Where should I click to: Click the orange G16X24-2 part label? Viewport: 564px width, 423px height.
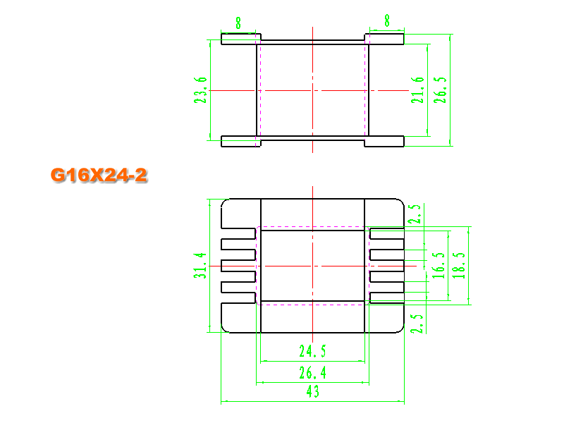pos(99,175)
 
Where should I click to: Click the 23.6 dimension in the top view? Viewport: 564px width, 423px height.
pos(200,90)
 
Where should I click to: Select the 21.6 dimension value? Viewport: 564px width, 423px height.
pos(417,90)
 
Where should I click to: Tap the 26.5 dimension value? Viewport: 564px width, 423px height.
pos(440,90)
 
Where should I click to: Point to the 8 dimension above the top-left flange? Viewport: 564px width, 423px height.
pos(238,23)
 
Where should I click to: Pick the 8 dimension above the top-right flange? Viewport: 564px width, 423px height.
pos(387,20)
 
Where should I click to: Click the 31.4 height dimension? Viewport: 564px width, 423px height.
pos(200,266)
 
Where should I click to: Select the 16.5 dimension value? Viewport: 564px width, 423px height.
pos(439,266)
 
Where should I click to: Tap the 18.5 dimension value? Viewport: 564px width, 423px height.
pos(459,266)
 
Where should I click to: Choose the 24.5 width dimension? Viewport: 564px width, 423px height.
pos(312,351)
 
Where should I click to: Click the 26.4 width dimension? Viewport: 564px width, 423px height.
pos(312,373)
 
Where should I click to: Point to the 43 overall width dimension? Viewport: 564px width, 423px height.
pos(312,391)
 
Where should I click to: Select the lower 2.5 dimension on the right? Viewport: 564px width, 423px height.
pos(417,324)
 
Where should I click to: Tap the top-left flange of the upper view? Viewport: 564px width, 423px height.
pos(240,39)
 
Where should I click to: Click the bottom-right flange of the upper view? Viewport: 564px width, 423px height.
pos(384,142)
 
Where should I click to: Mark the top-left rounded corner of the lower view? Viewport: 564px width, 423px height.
pos(223,202)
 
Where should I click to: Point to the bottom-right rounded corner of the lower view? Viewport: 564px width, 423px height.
pos(401,330)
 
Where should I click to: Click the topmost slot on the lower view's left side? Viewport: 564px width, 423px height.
pos(238,233)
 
